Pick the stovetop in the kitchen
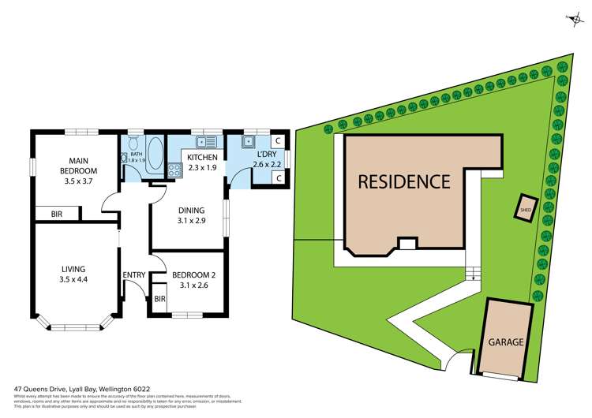[x=174, y=168]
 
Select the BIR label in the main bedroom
[x=57, y=214]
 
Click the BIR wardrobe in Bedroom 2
[x=159, y=299]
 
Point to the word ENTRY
[x=133, y=274]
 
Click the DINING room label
[x=191, y=210]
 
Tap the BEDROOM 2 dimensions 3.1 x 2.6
[x=193, y=285]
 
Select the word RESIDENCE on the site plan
[x=404, y=181]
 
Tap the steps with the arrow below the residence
[x=472, y=274]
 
